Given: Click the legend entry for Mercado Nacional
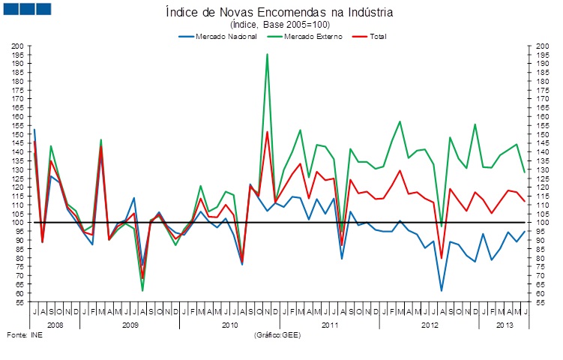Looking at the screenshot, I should pos(226,36).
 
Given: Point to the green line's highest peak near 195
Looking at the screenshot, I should pos(267,54).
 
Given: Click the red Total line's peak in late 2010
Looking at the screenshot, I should pos(267,132).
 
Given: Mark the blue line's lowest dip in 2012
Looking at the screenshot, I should pos(442,290).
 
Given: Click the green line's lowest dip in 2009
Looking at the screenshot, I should pos(142,290).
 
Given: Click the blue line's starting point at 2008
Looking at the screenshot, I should pos(34,130).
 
